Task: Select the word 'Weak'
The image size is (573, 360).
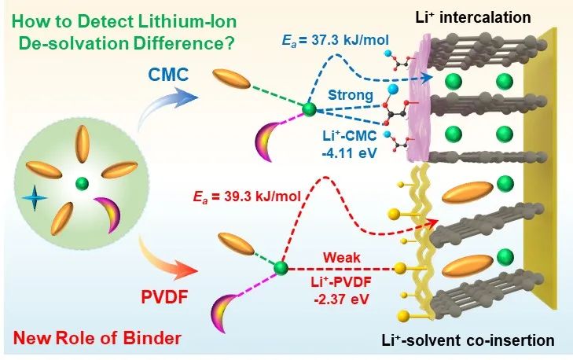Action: (334, 255)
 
